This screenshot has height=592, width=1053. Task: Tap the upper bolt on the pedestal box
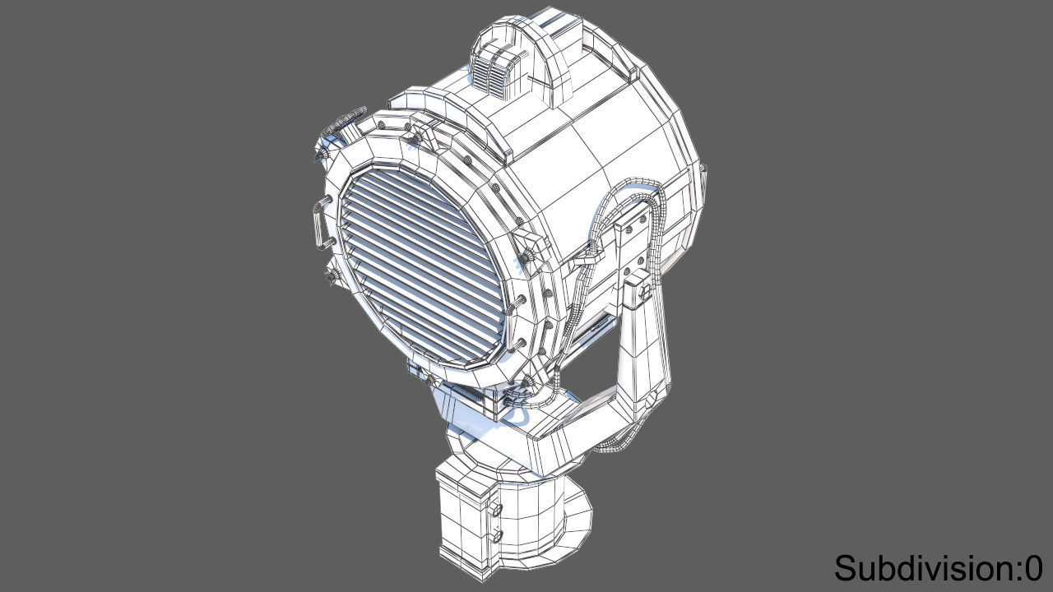coord(496,511)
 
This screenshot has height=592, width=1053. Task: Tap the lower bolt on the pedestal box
coord(496,535)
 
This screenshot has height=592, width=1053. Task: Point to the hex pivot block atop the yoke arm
coord(640,289)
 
